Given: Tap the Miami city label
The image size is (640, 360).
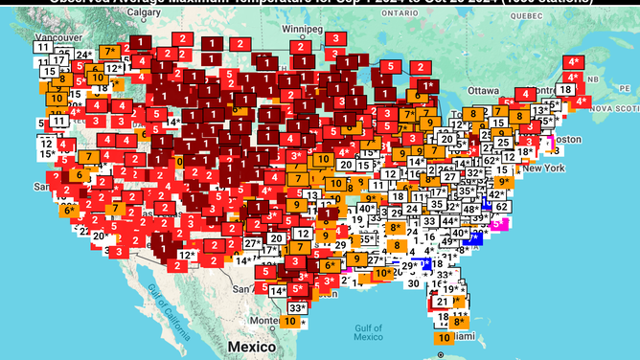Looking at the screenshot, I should tap(464, 337).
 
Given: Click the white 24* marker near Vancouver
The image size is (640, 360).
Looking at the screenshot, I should tap(83, 55).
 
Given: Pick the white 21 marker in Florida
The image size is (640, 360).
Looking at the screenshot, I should tap(443, 302).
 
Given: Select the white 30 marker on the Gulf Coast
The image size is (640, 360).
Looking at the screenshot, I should tap(413, 282).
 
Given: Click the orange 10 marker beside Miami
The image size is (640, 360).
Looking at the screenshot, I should tap(444, 338).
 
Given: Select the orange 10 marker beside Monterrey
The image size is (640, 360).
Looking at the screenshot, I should tap(290, 322).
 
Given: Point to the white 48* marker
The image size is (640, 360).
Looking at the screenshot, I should tap(470, 209).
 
